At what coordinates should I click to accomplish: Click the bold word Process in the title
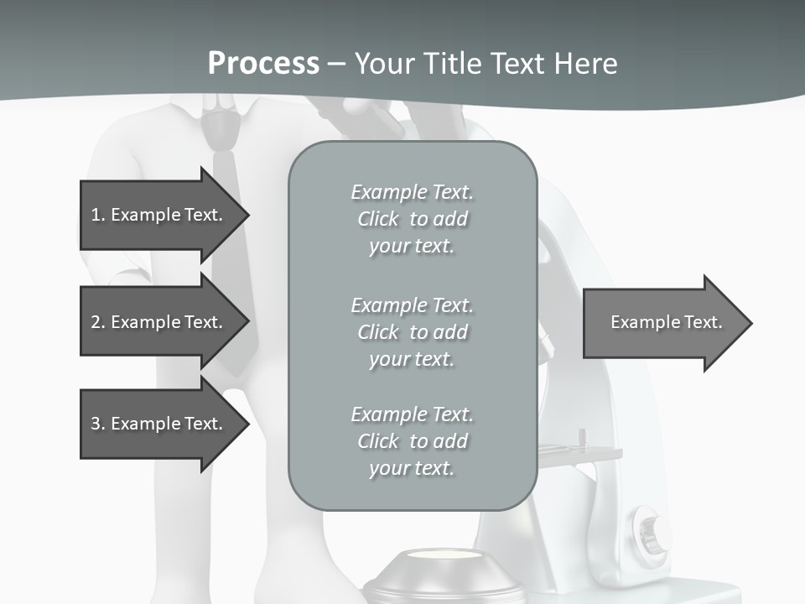pos(263,64)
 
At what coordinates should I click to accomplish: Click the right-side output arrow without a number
pos(667,323)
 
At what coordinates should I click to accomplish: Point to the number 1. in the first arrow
pos(98,215)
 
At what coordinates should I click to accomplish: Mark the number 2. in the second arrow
pos(98,322)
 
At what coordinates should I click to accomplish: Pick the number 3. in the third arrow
pos(98,424)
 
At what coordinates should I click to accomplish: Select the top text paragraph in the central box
pos(412,219)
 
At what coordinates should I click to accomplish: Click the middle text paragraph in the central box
pos(412,332)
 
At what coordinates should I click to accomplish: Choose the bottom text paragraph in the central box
pos(412,441)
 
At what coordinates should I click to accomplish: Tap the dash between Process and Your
pos(336,64)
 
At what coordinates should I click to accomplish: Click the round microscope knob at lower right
pos(653,529)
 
